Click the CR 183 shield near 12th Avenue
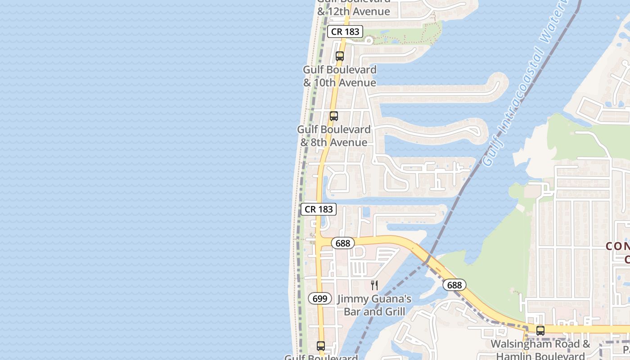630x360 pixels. point(345,31)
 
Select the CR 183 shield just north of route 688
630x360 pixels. point(319,209)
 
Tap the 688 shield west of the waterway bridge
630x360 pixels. point(343,243)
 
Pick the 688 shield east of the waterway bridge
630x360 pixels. point(454,285)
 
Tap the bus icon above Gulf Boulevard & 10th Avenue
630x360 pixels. point(340,56)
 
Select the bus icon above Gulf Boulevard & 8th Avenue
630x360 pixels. point(333,116)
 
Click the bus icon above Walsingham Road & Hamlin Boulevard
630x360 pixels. point(540,330)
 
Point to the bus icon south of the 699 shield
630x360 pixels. point(320,346)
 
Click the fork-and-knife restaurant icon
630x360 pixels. point(374,285)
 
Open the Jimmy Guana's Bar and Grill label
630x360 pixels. point(374,305)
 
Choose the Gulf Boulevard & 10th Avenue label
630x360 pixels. point(340,76)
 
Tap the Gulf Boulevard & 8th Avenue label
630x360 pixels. point(334,136)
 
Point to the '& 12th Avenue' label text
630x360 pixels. point(354,12)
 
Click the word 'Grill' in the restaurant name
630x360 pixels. point(393,311)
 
